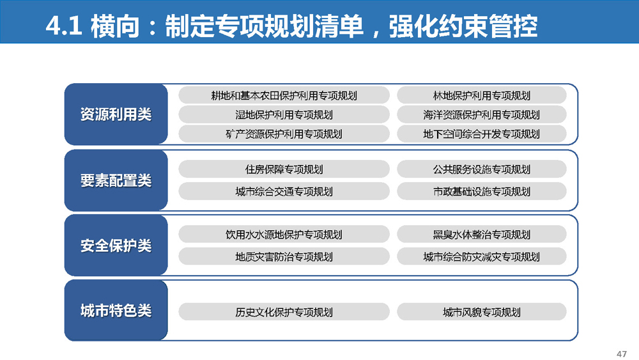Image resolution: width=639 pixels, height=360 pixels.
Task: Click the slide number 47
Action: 622,354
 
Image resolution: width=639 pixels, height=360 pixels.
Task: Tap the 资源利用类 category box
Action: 116,114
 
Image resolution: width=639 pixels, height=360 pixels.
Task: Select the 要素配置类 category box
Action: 116,180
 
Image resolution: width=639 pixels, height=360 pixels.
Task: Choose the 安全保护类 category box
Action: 116,246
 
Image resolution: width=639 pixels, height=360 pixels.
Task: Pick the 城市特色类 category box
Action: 116,310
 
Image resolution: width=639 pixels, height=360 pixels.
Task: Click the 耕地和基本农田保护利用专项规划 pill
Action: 284,95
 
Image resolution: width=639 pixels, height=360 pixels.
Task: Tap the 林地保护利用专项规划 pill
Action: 482,95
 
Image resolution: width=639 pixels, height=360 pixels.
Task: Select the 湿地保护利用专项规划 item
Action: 284,114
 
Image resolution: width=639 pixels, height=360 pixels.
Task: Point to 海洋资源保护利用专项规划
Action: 482,114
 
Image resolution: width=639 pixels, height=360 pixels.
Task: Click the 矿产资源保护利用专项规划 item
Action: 284,134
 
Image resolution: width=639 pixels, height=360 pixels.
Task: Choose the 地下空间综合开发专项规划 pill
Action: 482,134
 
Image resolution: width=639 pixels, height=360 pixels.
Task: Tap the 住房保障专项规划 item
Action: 284,169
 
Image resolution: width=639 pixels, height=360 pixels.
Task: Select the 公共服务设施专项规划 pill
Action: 482,169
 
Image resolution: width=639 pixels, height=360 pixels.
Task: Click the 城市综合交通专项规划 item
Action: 284,191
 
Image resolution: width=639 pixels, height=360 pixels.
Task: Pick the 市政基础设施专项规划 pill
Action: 482,191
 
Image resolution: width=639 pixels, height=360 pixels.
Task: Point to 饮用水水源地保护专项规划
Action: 284,235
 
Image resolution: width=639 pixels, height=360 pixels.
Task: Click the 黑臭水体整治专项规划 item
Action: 482,235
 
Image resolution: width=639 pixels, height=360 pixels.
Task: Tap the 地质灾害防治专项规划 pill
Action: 284,256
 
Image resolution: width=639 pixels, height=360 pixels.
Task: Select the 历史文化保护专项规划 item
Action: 284,312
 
